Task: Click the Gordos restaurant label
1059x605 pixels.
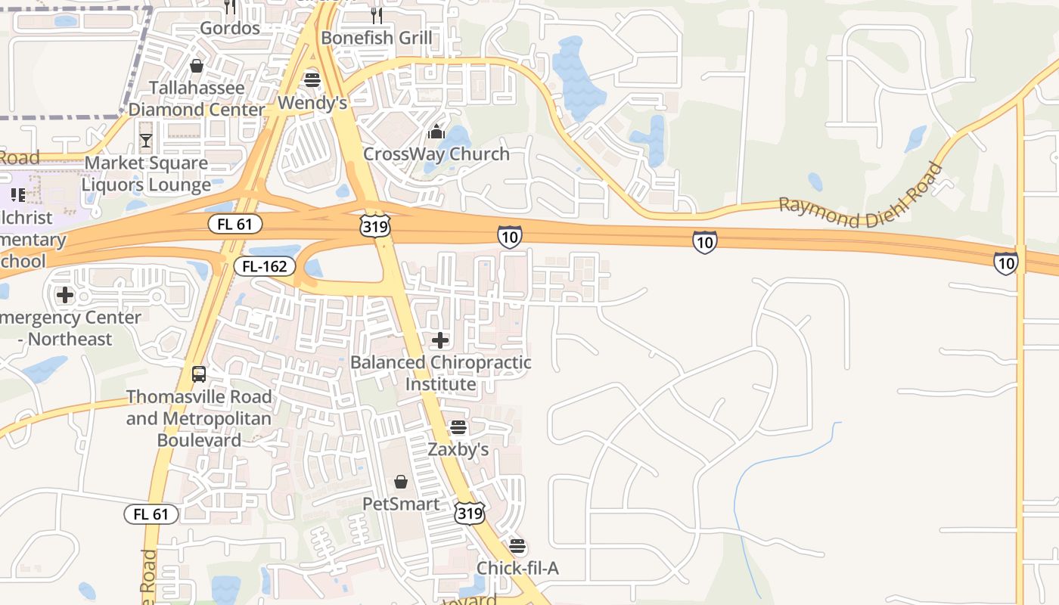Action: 229,29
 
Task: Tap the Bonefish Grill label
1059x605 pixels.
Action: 377,38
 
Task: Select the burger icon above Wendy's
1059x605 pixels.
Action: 312,79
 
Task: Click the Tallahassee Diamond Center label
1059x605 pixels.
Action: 197,98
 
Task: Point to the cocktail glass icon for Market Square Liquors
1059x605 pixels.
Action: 146,141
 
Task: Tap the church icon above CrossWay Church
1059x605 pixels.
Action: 436,132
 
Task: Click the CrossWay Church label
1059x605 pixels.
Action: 436,154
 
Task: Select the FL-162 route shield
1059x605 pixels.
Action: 264,266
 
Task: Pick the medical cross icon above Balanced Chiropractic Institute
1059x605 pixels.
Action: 439,340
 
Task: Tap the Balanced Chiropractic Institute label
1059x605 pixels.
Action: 440,373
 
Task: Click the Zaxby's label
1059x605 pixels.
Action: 458,449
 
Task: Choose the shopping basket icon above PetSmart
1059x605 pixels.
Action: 401,482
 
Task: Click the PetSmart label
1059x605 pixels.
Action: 401,504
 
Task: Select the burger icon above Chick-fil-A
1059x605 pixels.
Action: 517,546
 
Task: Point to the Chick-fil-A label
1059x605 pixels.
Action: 517,568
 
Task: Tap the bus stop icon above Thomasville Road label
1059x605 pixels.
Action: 199,374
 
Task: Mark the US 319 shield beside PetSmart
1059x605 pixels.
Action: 469,513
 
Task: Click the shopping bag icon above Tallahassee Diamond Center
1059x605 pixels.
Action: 197,66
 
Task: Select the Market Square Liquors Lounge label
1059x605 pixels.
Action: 146,174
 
